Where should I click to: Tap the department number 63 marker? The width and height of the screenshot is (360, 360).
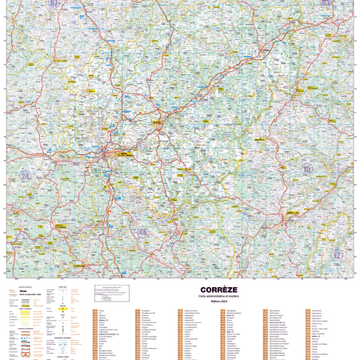(x=327, y=3)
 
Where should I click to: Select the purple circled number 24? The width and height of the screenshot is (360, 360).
(x=26, y=175)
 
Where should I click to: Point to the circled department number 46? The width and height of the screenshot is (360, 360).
(x=142, y=233)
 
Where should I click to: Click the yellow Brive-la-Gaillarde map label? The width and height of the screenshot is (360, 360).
(x=126, y=154)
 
